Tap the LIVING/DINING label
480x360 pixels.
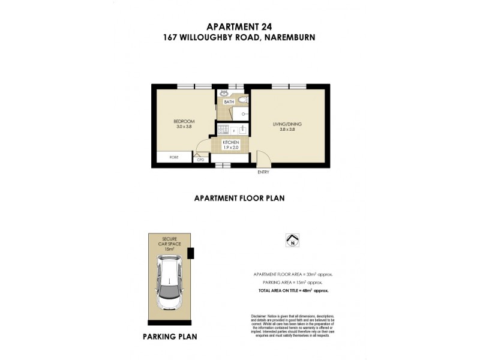287,124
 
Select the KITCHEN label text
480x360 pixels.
231,142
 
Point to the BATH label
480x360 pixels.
229,102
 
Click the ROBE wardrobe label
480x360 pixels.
174,157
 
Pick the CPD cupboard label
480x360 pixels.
201,160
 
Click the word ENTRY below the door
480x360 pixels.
263,172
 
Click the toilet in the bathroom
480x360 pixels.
241,100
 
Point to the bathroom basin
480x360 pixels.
224,94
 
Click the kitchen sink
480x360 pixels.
244,129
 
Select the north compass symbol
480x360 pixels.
293,241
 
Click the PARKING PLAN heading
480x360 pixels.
169,337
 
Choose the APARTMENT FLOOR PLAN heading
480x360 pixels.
238,197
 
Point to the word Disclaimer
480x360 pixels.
260,316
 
